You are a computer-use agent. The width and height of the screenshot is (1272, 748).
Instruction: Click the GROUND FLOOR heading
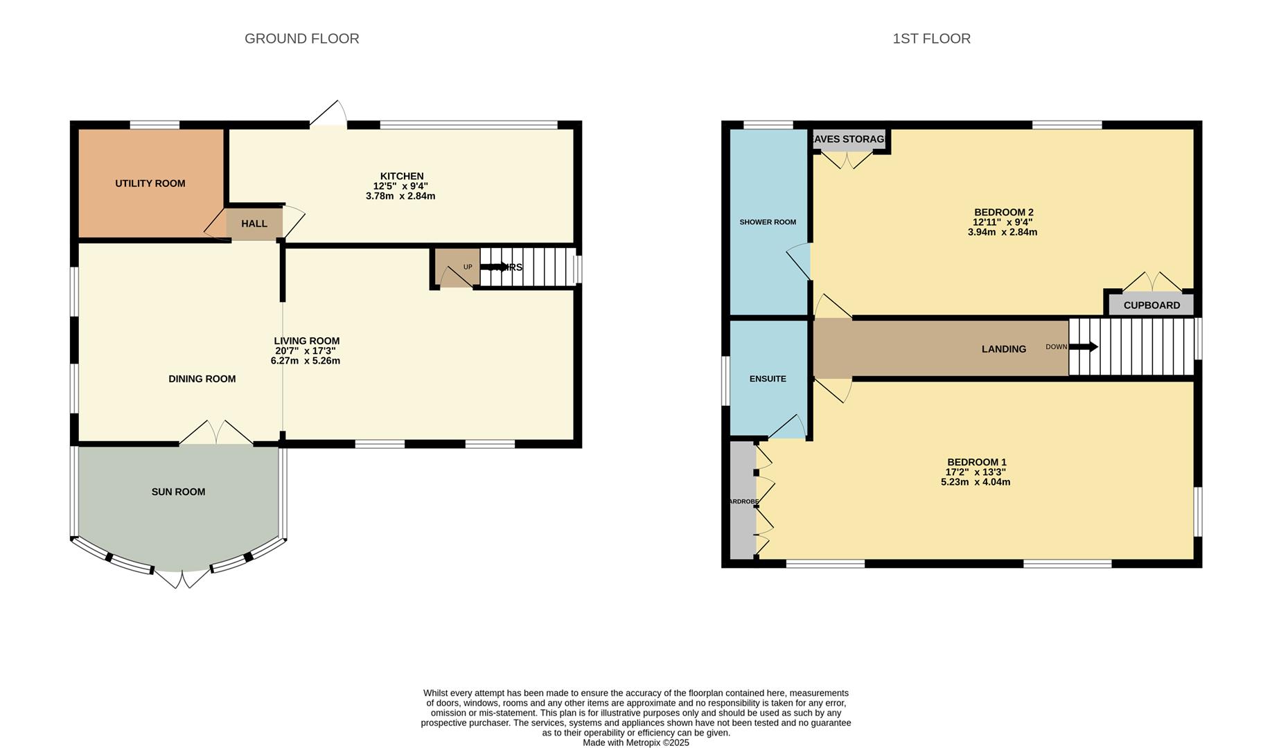[301, 39]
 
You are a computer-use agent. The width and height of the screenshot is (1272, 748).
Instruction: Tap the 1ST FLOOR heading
[931, 39]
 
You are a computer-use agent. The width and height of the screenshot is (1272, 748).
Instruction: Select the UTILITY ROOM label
[150, 184]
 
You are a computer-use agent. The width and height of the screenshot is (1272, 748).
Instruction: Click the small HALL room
[254, 224]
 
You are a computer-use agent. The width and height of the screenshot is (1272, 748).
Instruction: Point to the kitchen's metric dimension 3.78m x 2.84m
[400, 196]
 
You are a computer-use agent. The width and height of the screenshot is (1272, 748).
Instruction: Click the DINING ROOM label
[202, 379]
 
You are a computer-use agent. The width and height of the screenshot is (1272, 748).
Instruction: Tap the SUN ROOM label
[178, 492]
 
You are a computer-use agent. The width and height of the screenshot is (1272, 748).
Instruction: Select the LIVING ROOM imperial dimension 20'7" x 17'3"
[306, 351]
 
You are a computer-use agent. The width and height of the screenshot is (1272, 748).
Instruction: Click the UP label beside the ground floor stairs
[468, 267]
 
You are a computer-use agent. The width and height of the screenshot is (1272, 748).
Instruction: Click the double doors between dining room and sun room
[216, 433]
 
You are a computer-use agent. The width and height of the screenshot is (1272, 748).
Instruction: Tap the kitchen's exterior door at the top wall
[328, 115]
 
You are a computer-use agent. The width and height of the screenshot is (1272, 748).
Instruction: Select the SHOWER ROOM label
[768, 222]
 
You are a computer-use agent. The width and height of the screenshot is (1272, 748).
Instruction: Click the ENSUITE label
[768, 379]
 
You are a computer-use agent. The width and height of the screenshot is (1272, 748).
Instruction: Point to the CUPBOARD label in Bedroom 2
[1151, 305]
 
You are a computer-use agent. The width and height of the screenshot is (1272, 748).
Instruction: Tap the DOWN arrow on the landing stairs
[1084, 347]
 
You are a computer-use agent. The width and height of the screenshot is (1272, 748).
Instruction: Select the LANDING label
[1003, 349]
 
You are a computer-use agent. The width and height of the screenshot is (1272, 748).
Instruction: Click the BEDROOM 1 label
[976, 462]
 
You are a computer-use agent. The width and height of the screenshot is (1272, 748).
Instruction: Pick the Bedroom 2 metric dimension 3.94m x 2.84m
[1002, 232]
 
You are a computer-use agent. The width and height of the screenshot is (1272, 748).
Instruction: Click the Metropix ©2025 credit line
[636, 742]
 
